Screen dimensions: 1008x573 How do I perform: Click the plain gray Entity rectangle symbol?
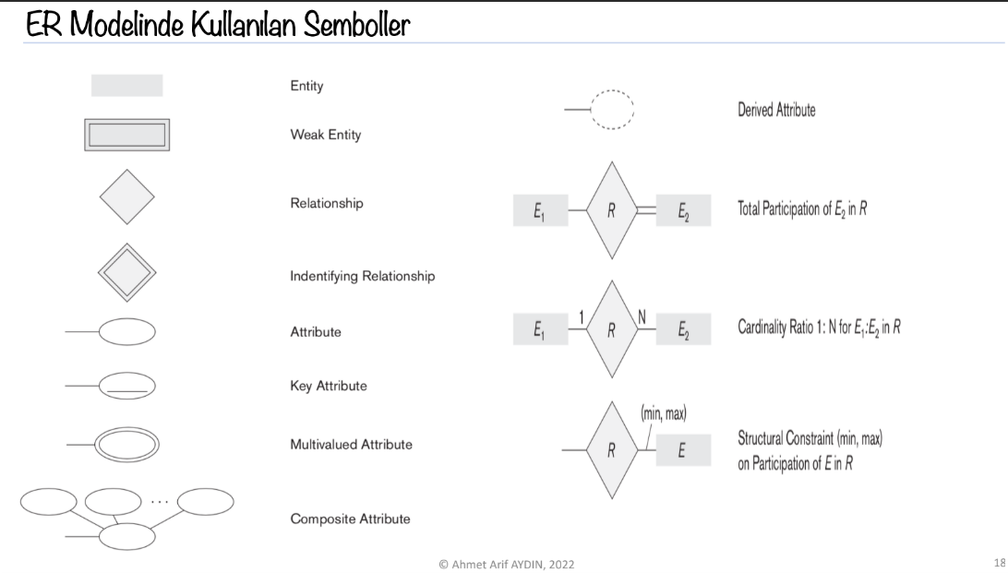point(126,86)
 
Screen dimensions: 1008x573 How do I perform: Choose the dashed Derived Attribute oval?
point(612,91)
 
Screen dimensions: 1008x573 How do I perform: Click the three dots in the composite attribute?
point(160,502)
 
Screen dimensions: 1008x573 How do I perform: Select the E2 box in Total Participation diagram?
point(683,210)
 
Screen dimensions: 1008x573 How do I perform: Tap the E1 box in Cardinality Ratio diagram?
point(540,329)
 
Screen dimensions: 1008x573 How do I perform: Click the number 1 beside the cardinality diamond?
point(582,318)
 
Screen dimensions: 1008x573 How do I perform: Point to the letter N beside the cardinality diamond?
point(642,317)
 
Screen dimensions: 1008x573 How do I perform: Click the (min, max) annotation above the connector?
point(664,413)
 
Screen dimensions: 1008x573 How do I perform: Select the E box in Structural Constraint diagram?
point(683,450)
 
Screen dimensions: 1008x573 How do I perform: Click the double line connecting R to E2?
point(646,210)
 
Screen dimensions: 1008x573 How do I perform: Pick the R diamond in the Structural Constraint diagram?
point(611,450)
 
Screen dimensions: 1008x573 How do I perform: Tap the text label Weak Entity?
point(325,135)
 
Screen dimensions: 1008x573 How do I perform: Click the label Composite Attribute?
point(350,519)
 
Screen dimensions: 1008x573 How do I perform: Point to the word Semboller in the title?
point(356,25)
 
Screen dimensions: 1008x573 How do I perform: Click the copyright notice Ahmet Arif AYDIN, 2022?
point(507,565)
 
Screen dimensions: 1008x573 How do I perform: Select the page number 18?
point(1000,562)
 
